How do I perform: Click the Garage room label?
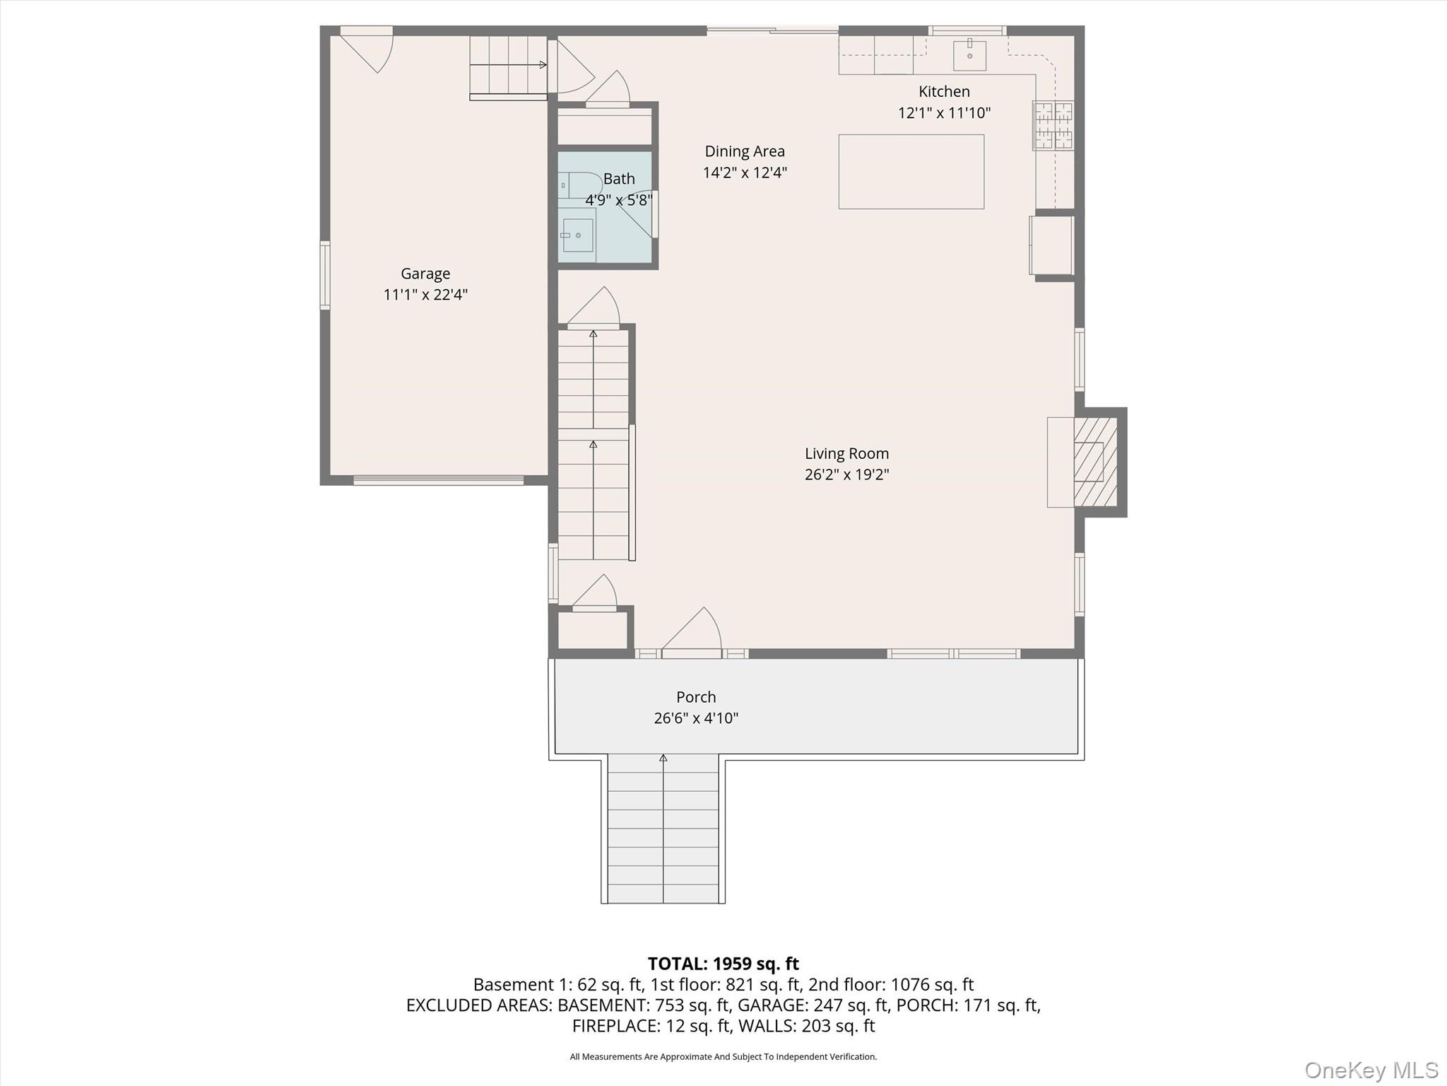425,274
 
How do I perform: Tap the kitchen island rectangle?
911,172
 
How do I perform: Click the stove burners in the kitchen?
1053,126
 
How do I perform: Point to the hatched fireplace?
1094,462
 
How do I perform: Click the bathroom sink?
577,235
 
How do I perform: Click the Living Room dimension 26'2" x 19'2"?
846,474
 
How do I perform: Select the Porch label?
696,697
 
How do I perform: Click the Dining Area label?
745,151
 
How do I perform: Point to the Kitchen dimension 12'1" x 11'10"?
944,113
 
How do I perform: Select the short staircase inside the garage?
508,66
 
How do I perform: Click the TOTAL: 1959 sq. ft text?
723,964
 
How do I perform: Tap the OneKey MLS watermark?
1371,1070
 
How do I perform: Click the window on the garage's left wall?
325,275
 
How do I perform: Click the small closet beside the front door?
592,629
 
